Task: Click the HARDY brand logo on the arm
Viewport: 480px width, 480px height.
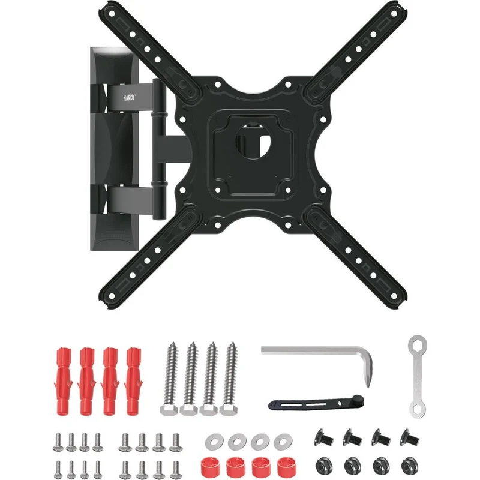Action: point(129,98)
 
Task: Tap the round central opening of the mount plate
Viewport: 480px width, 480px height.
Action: point(253,141)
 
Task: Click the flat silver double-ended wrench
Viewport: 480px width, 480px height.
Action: point(417,376)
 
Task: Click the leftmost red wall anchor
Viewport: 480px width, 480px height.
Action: point(64,381)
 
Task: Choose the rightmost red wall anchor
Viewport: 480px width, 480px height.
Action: point(133,381)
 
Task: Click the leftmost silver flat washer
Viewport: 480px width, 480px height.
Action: point(214,442)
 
